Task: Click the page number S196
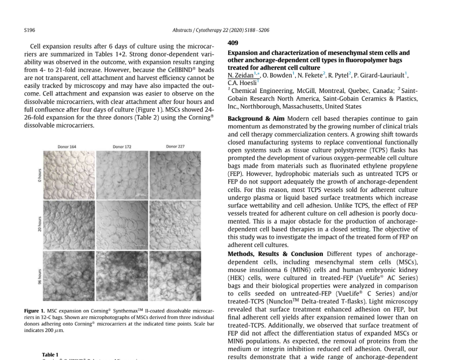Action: pos(30,30)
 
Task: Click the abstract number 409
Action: pos(233,43)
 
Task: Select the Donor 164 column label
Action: pos(67,147)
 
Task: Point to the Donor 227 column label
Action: pos(175,146)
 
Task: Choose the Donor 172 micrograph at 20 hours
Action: pos(122,224)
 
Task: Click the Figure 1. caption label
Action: pos(35,311)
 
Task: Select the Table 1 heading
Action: pos(50,354)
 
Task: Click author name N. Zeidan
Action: pos(240,75)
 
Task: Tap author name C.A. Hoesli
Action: pos(242,82)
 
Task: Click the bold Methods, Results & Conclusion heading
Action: pos(275,254)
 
